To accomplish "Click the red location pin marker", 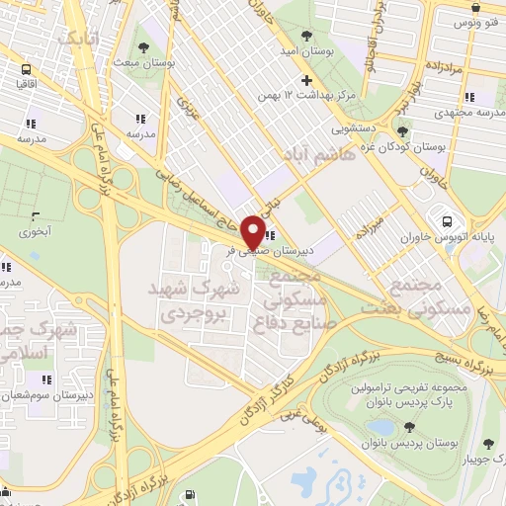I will pos(253,232).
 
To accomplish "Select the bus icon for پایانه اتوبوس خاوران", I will pos(448,221).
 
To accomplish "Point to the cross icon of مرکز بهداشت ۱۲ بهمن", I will pos(307,80).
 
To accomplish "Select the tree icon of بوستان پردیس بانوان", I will pos(408,427).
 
